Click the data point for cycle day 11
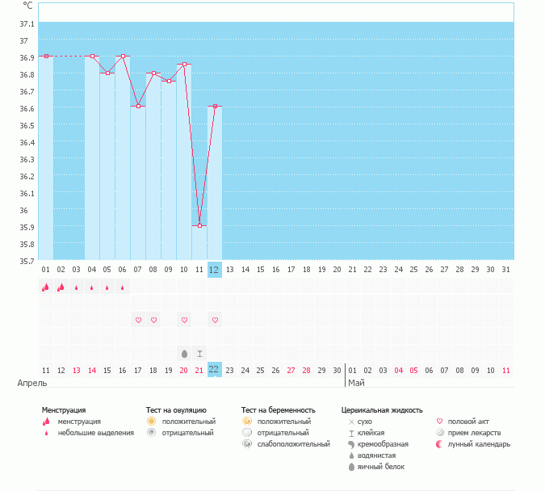tap(199, 226)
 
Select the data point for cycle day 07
tap(138, 107)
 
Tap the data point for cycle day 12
tap(215, 107)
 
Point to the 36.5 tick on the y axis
tap(25, 125)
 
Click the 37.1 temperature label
tap(25, 24)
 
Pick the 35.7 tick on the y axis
tap(25, 261)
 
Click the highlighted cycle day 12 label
tap(214, 269)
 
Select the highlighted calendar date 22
tap(214, 369)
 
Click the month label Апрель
tap(32, 383)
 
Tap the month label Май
tap(356, 383)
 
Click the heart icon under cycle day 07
tap(138, 321)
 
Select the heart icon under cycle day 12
tap(215, 321)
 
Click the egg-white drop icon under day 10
tap(184, 353)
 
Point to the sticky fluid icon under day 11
tap(199, 353)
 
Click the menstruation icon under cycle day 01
tap(46, 287)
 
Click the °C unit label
tap(27, 5)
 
